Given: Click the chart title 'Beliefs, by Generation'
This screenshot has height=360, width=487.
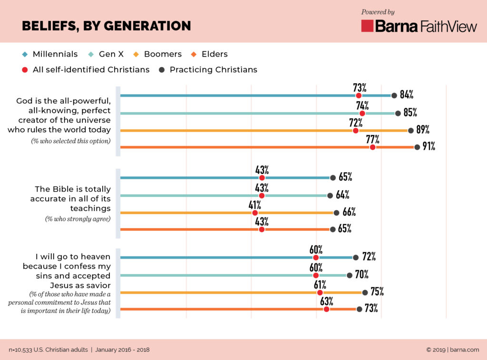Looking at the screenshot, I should (x=106, y=26).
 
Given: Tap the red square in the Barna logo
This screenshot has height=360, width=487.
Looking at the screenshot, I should (x=367, y=26).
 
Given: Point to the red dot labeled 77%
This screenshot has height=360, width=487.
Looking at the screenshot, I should (x=372, y=147).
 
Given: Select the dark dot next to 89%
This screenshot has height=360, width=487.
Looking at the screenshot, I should (x=411, y=130).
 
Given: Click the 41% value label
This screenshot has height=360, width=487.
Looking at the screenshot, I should (x=254, y=205).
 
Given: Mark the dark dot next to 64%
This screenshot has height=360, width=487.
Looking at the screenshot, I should (x=330, y=195).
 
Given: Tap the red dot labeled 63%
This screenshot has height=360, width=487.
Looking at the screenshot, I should (x=326, y=309).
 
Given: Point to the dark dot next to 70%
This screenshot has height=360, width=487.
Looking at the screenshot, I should (x=350, y=275).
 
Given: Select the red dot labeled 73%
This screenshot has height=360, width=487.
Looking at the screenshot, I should (x=359, y=96).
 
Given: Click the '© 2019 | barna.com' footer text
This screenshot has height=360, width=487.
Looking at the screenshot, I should (x=452, y=350).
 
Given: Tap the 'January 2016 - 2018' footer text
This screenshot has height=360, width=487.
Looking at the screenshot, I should (x=122, y=350).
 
